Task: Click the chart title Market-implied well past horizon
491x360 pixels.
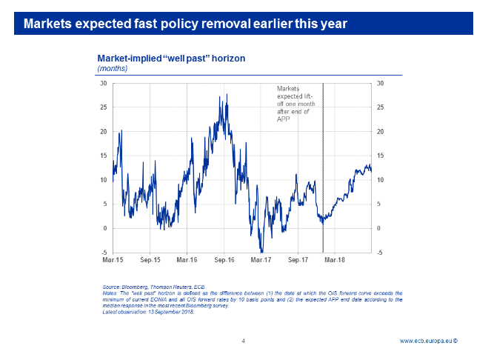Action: point(171,58)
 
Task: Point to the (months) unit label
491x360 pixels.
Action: point(113,68)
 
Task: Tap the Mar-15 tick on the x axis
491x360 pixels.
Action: point(113,260)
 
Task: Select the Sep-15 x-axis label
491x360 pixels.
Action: point(150,260)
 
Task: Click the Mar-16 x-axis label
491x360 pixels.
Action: point(187,260)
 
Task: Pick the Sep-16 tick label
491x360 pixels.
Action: point(224,260)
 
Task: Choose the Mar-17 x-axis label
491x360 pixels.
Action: point(261,260)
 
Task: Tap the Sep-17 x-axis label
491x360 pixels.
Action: point(298,260)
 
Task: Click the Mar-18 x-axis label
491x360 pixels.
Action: point(335,260)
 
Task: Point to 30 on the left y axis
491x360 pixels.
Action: point(104,83)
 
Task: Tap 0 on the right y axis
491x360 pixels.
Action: point(379,228)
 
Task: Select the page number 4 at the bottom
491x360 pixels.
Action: point(243,341)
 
